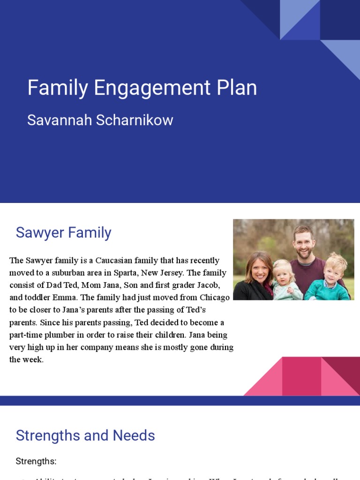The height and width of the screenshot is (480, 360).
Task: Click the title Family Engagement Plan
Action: (x=142, y=88)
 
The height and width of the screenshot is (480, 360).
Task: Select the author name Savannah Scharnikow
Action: (x=100, y=120)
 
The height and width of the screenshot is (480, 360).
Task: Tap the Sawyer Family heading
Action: (x=63, y=232)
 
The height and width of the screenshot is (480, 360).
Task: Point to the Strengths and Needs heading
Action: (x=85, y=435)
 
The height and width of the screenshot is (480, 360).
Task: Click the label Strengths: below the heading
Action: (x=36, y=461)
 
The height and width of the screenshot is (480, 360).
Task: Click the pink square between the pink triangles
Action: (x=301, y=376)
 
